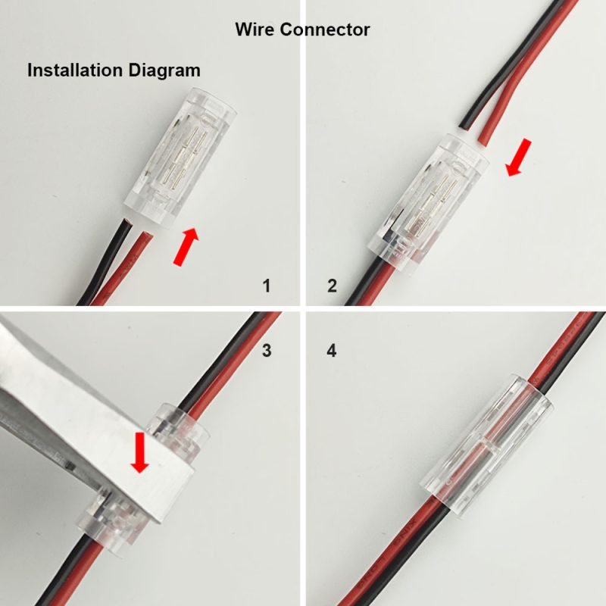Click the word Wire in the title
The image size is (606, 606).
[x=255, y=30]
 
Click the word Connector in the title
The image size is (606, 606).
[x=325, y=30]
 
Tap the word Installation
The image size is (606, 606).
[x=75, y=70]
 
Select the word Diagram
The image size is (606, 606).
[x=164, y=70]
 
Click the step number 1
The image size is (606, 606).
[x=267, y=286]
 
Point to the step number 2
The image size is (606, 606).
[x=332, y=286]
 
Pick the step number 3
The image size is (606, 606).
[x=267, y=350]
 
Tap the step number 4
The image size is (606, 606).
[x=332, y=350]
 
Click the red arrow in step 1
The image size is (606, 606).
[x=186, y=247]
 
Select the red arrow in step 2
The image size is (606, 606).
[x=519, y=158]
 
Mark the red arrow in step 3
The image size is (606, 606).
[x=139, y=452]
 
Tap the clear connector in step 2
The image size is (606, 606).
[x=427, y=205]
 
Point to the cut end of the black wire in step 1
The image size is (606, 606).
[x=127, y=221]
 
